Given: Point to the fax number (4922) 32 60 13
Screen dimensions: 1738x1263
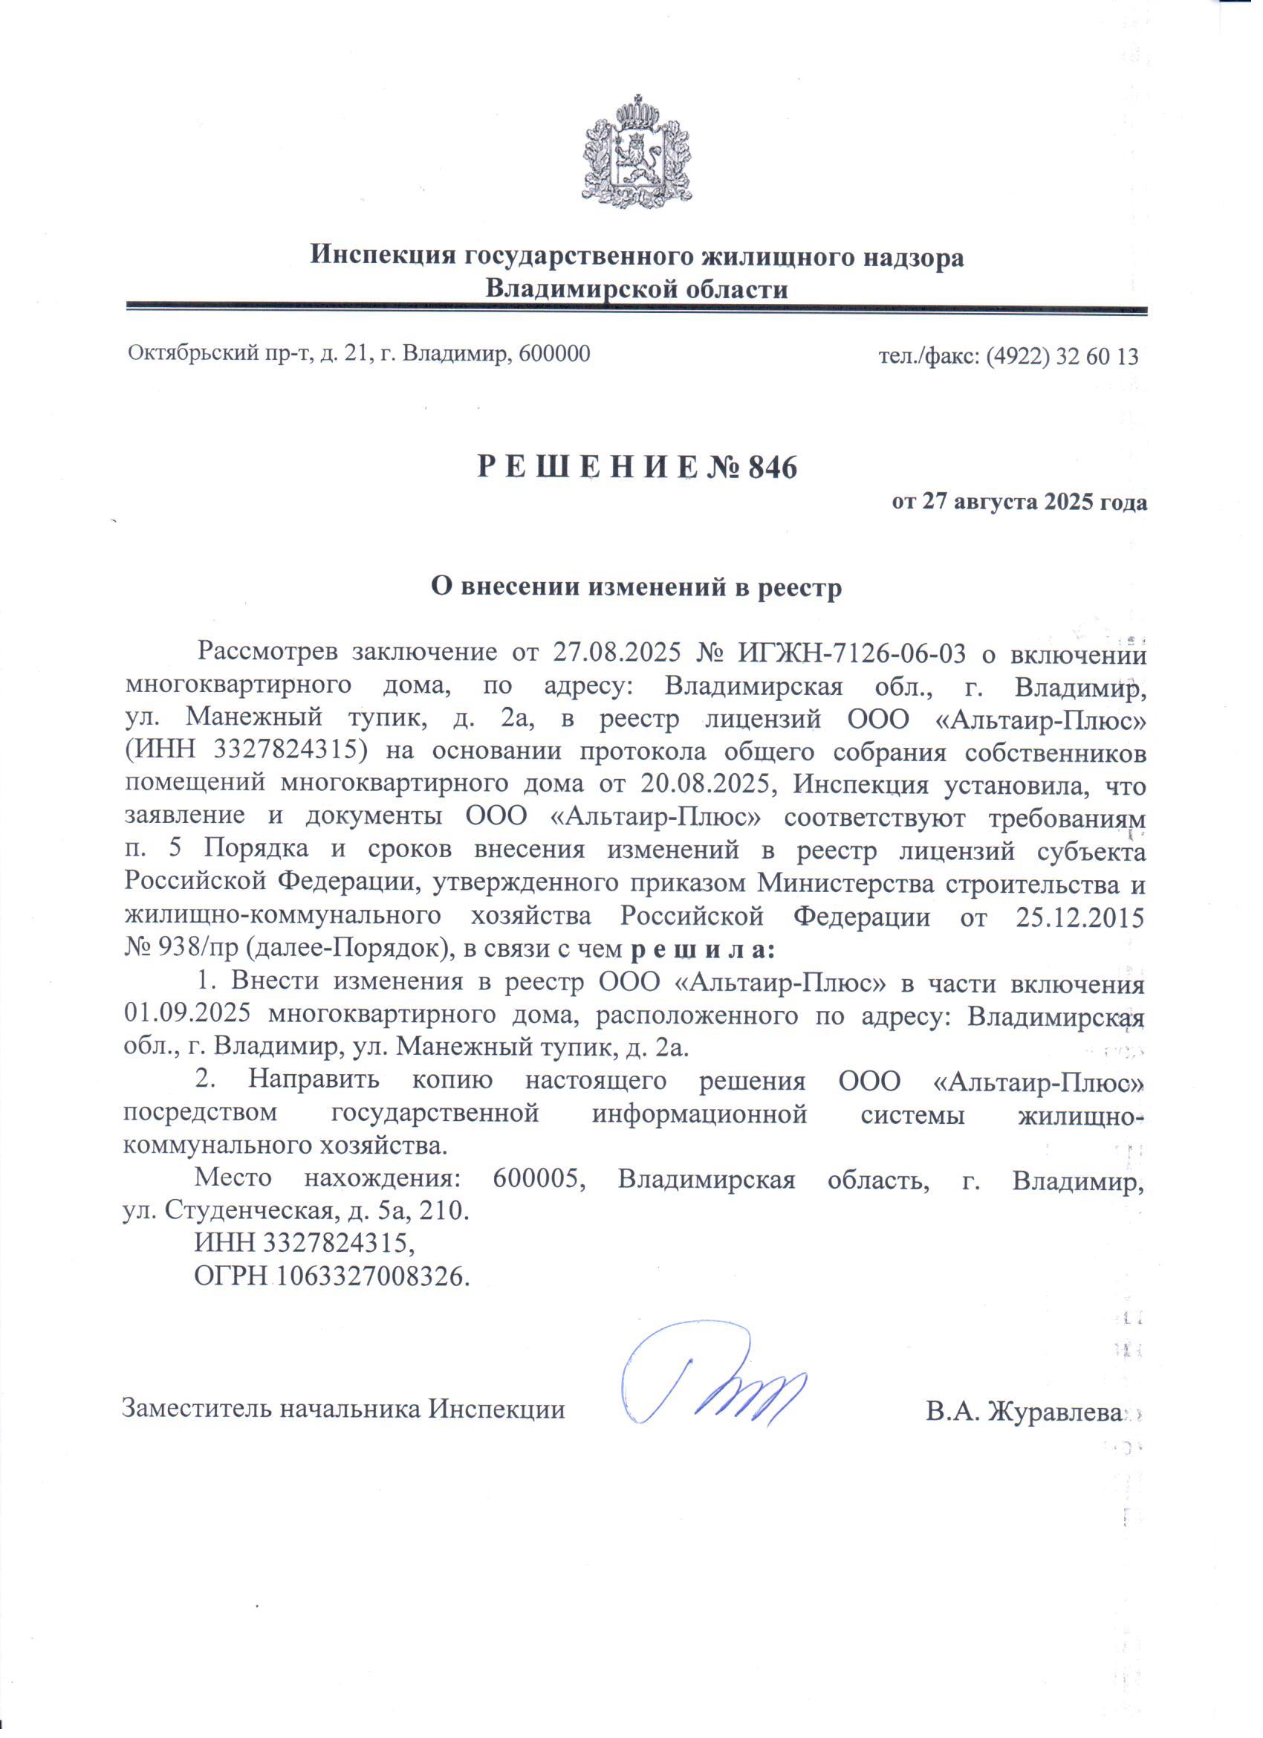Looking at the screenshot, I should click(x=1062, y=356).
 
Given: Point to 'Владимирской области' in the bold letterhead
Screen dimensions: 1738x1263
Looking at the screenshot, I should click(x=637, y=291).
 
